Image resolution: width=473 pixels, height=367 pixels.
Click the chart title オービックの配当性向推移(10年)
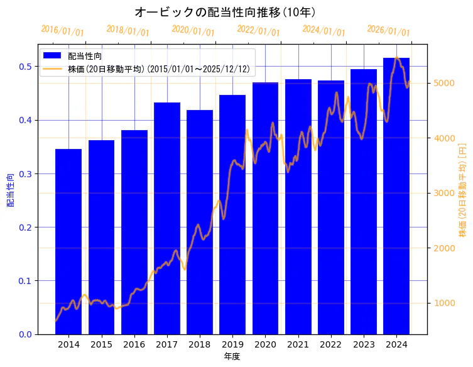(224, 13)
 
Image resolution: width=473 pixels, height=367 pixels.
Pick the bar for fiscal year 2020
(265, 208)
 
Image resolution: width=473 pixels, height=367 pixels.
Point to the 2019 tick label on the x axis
(232, 344)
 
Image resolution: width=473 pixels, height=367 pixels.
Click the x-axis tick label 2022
(331, 344)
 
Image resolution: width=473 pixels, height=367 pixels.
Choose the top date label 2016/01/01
(62, 31)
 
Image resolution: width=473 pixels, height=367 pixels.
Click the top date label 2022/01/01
(258, 31)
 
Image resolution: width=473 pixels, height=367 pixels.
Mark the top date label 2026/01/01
(388, 31)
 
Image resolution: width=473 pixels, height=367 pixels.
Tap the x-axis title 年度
(232, 356)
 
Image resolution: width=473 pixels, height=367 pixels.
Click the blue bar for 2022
(331, 207)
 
